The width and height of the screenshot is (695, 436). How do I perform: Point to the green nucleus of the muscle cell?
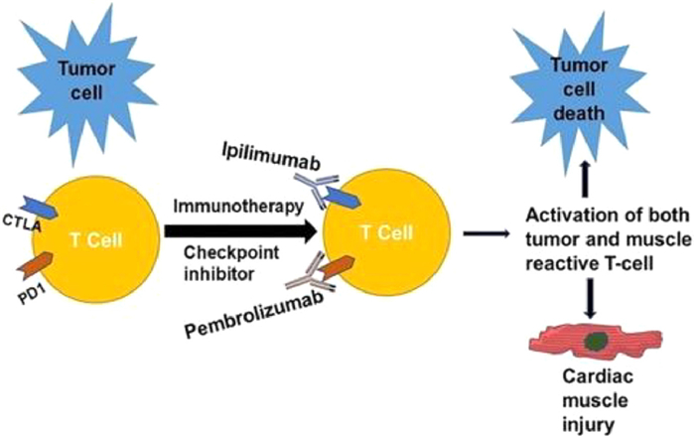[595, 342]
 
